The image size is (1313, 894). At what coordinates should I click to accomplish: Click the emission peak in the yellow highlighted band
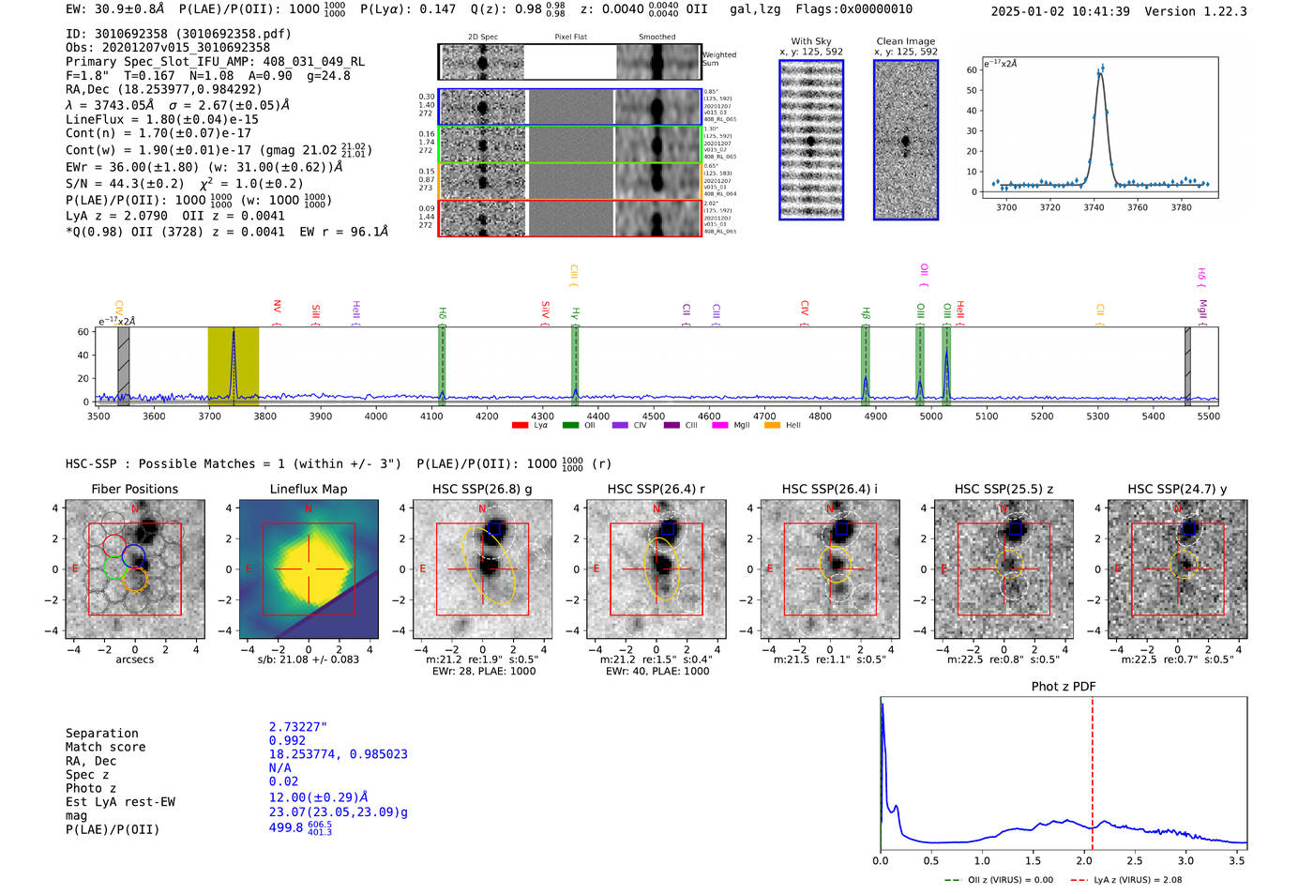click(234, 334)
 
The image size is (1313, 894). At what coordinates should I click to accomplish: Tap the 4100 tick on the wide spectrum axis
click(431, 416)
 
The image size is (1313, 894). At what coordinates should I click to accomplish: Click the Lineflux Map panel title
click(308, 489)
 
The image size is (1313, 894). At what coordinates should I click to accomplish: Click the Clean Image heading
click(905, 41)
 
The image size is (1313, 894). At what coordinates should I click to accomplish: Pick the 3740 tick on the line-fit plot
click(1094, 207)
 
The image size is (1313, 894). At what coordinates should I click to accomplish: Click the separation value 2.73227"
click(298, 727)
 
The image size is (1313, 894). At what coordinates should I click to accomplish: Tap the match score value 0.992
click(287, 740)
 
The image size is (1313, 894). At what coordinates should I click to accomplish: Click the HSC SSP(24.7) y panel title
click(1177, 489)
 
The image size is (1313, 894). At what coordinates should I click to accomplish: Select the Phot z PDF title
click(1064, 686)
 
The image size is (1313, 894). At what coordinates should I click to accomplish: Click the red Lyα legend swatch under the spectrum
click(520, 426)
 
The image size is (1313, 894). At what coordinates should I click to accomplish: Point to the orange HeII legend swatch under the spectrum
click(772, 426)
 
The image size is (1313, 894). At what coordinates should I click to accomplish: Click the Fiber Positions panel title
click(134, 489)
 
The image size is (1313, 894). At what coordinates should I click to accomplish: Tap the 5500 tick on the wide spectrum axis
click(1208, 416)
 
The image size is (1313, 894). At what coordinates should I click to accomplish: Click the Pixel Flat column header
click(570, 38)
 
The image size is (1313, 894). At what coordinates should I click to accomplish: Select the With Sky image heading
click(810, 41)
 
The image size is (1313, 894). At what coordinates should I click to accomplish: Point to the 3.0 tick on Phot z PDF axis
click(1185, 860)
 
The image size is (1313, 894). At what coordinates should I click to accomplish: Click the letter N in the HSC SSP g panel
click(482, 509)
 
